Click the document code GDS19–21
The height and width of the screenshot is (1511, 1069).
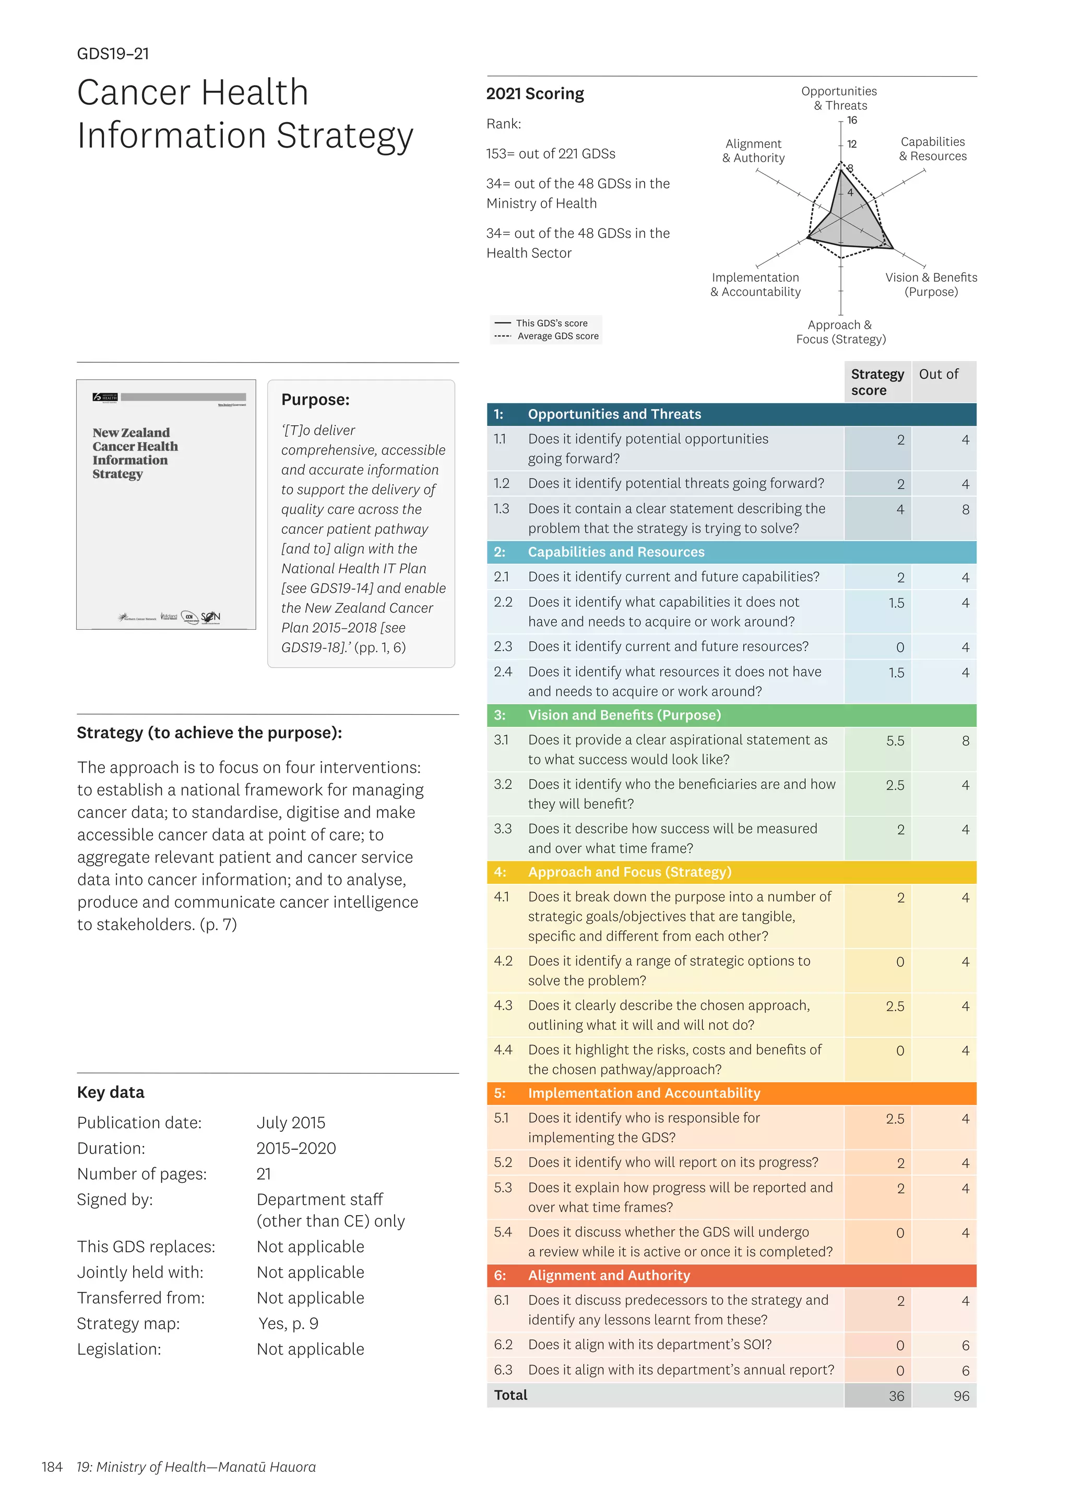[113, 54]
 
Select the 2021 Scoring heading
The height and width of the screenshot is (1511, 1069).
[534, 94]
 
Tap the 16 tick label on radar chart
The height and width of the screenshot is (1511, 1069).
[852, 121]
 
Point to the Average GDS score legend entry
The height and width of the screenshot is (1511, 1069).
[557, 337]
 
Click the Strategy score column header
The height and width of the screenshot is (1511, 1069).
[877, 382]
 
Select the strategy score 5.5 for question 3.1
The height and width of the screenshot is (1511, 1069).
[895, 741]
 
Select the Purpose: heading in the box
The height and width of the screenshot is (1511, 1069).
[315, 400]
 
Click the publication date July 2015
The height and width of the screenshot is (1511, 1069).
[291, 1123]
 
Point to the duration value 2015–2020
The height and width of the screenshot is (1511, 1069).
[296, 1148]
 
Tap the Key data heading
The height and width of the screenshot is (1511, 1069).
[111, 1093]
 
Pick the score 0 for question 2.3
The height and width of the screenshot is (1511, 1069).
[899, 647]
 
